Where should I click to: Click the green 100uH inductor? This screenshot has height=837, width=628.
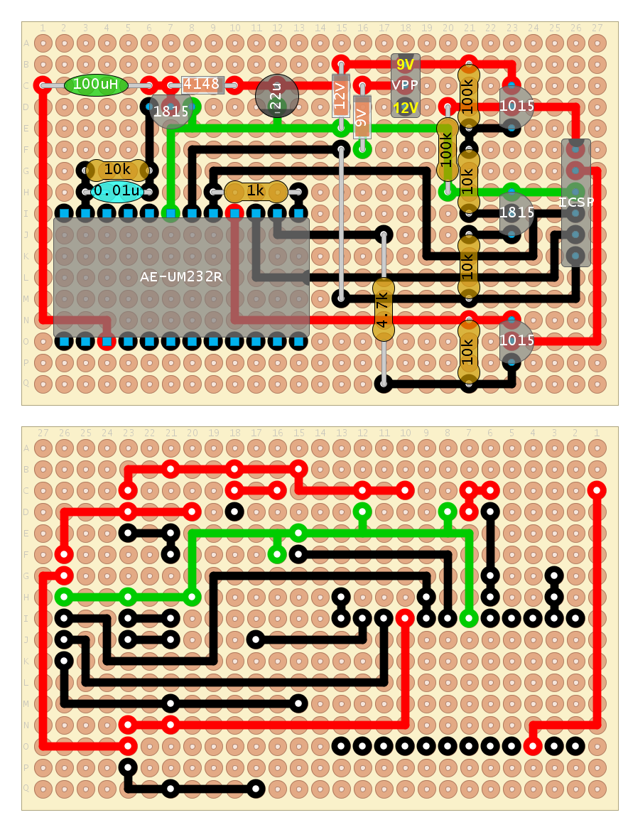pos(96,85)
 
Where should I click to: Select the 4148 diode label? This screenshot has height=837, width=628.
pos(202,85)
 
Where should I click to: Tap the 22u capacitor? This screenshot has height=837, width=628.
pos(277,96)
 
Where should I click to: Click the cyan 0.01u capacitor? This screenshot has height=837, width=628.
pos(117,191)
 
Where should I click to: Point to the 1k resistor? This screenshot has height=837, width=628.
pos(256,191)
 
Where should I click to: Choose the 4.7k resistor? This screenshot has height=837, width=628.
pos(384,309)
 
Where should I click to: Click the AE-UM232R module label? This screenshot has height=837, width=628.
pos(181,277)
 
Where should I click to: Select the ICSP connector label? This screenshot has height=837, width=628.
pos(576,202)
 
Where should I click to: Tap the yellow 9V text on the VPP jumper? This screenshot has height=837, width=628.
pos(406,65)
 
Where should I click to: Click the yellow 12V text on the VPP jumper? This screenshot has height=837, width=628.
pos(406,108)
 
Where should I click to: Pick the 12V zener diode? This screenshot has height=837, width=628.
pos(341,95)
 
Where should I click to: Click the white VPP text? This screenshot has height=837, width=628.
pos(406,85)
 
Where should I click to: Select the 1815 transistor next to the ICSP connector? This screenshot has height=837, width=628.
pos(516,212)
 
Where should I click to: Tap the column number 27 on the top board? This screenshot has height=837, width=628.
pos(597,28)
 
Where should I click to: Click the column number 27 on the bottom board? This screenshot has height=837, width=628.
pos(43,433)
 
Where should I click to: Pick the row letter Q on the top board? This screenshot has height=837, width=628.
pos(27,383)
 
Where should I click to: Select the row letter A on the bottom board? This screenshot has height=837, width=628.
pos(27,448)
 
